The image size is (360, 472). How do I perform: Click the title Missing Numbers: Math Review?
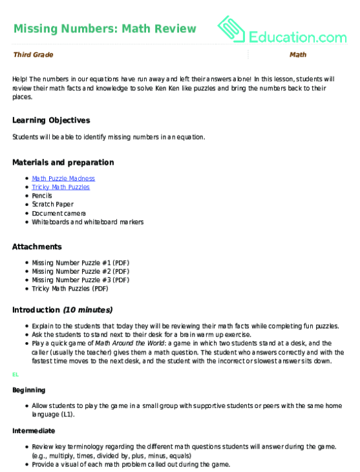tap(104, 28)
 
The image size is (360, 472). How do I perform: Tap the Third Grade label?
tap(32, 55)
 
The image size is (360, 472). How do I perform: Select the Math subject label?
tap(298, 55)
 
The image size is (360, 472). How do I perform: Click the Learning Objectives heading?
tap(51, 120)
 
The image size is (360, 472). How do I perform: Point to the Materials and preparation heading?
tap(63, 162)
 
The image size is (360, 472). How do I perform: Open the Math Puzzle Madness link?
tap(63, 178)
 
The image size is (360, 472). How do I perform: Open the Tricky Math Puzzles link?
tap(61, 187)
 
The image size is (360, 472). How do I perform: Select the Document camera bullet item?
tap(59, 212)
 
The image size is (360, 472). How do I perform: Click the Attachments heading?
tap(37, 247)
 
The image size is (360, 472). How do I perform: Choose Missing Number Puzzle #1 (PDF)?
tap(81, 263)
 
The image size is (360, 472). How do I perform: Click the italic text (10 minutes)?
tap(87, 309)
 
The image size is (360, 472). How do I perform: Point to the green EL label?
tap(16, 374)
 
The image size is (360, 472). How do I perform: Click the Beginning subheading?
tap(30, 391)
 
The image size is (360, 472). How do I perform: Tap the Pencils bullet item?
tap(43, 196)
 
